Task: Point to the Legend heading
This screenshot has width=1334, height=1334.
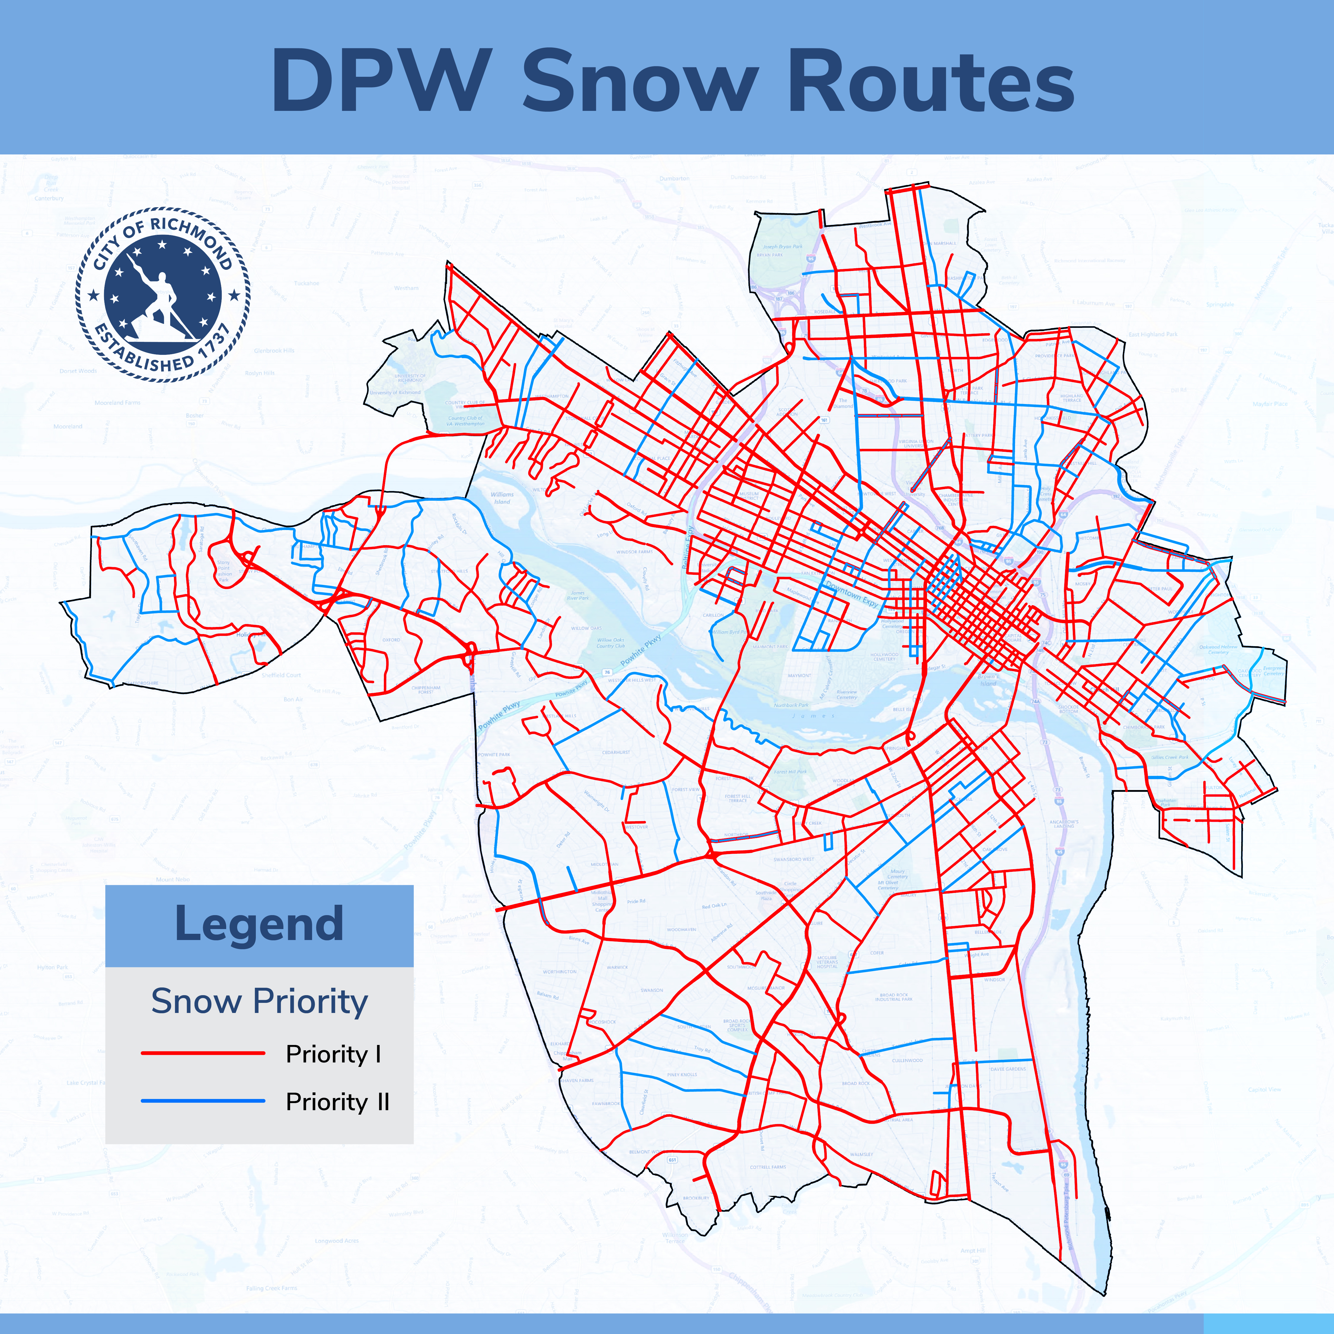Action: click(259, 924)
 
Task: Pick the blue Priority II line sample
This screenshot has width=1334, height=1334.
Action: click(203, 1101)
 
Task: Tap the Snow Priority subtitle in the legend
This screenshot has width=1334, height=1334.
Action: click(259, 1001)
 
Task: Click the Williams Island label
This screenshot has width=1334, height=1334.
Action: click(502, 498)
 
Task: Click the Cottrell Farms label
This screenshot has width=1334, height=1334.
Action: click(768, 1167)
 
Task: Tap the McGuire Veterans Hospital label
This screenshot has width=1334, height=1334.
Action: click(826, 962)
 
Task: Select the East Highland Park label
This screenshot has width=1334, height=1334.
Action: click(1152, 334)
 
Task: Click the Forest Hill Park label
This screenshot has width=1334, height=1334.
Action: click(790, 771)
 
